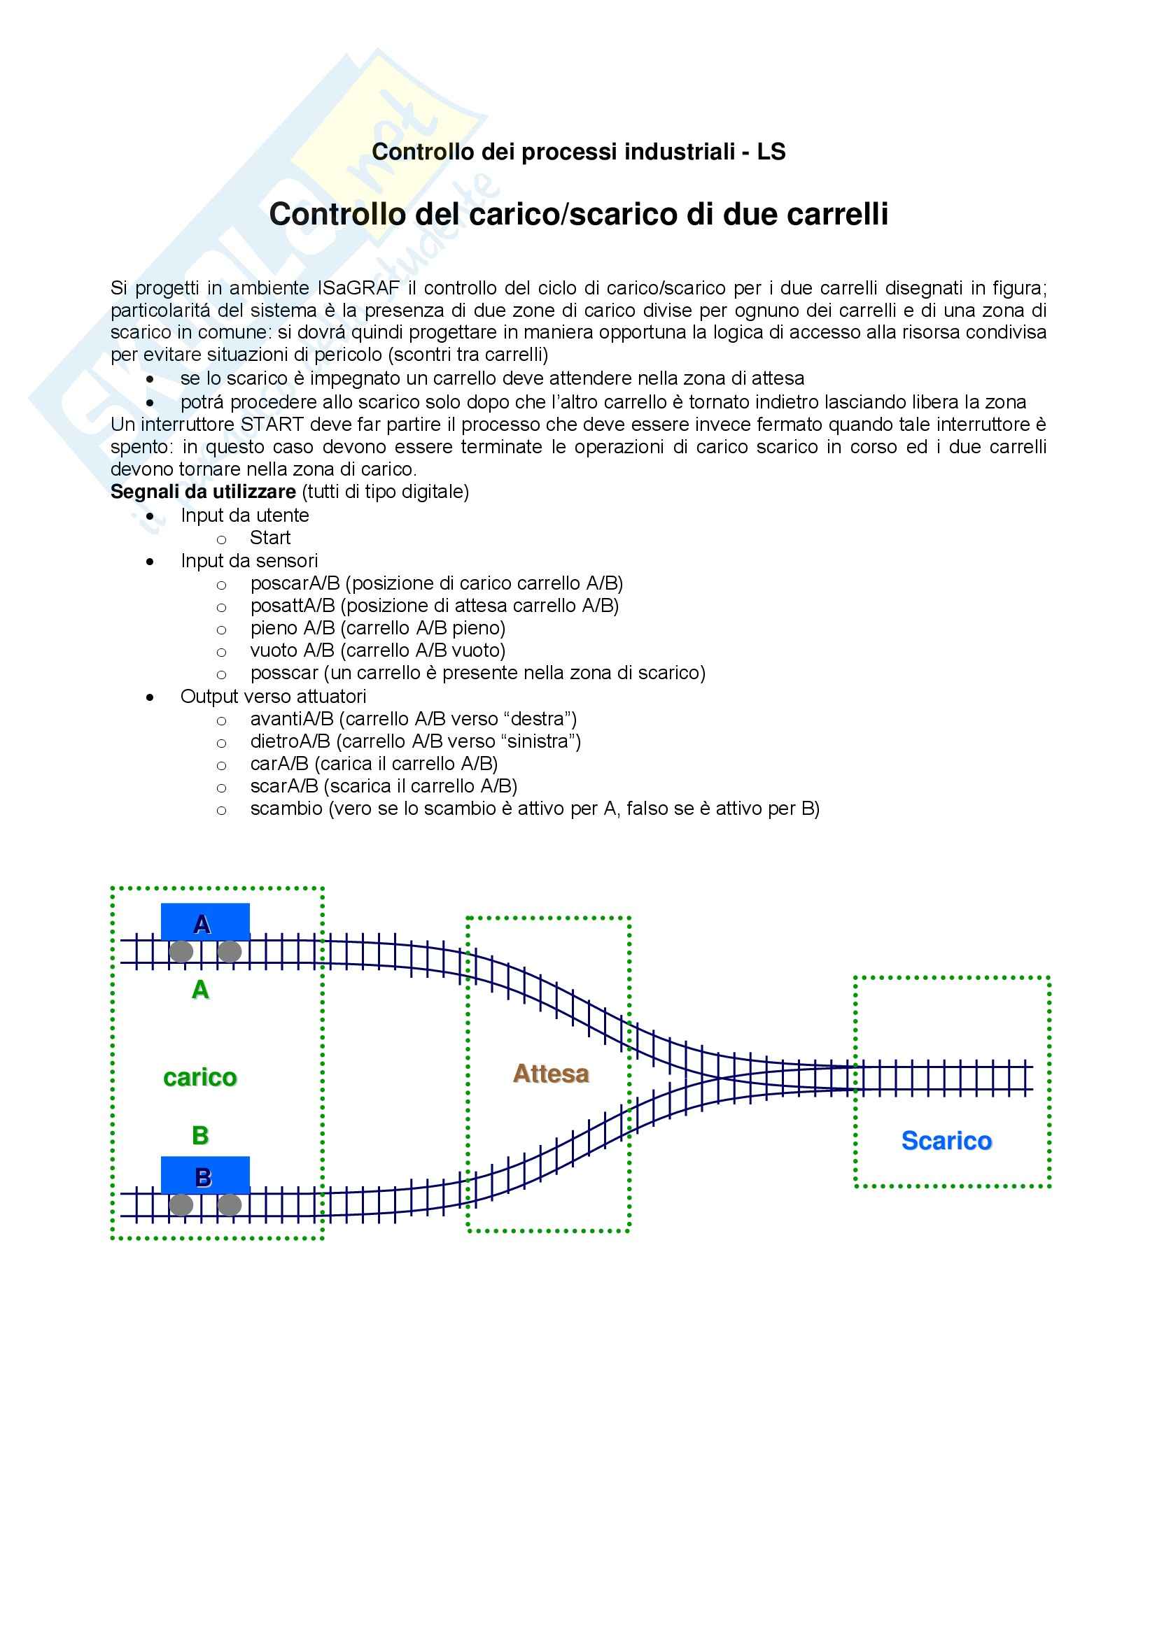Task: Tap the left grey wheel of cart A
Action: tap(181, 951)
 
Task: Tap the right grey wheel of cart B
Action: tap(229, 1205)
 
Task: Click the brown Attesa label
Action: tap(551, 1074)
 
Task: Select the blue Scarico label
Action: tap(946, 1141)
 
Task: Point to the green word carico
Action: tap(199, 1077)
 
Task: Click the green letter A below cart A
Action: tap(200, 990)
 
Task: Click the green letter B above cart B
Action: tap(200, 1135)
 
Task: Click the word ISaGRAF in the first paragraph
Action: tap(359, 289)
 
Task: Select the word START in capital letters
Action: tap(273, 425)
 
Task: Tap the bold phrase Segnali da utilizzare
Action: tap(203, 492)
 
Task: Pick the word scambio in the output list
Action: tap(286, 809)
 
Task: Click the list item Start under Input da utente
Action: tap(270, 538)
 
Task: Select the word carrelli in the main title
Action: tap(838, 215)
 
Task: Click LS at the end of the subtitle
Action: tap(771, 152)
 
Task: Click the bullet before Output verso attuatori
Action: tap(150, 697)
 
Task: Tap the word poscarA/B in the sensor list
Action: tap(295, 583)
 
